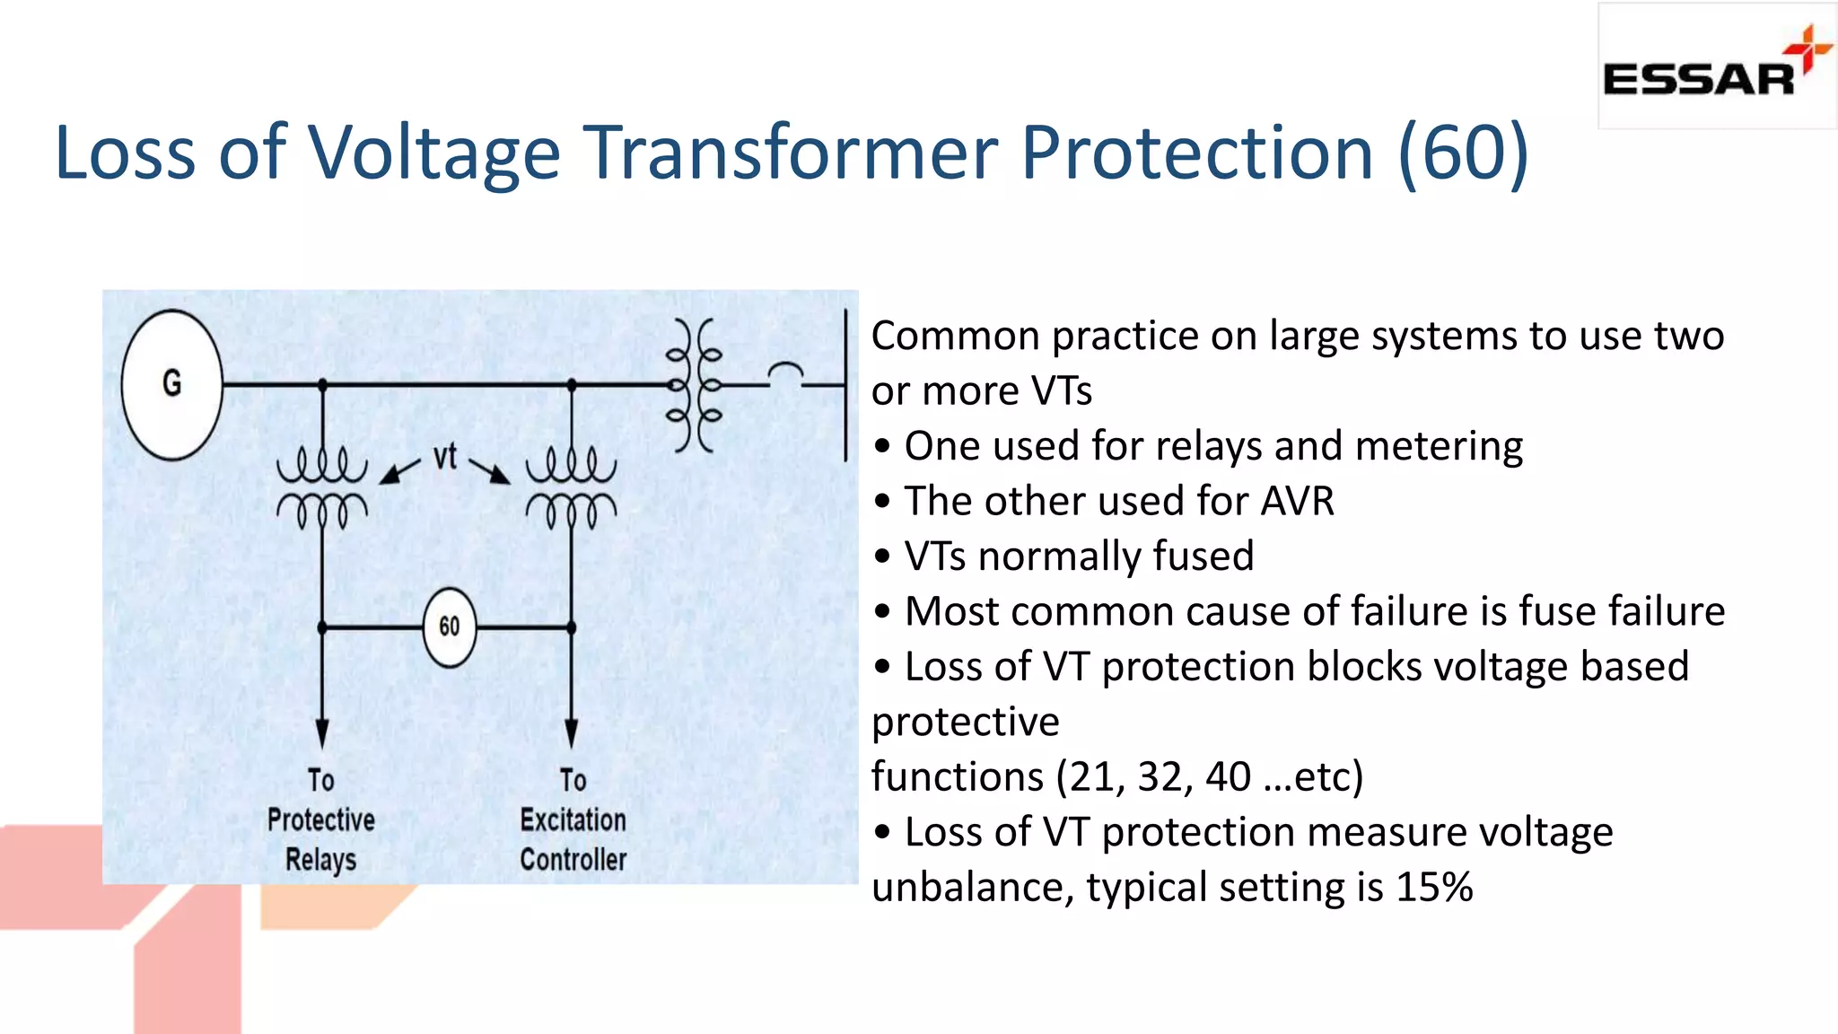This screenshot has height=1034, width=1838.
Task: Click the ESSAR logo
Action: point(1716,67)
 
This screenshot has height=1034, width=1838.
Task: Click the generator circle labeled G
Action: point(171,384)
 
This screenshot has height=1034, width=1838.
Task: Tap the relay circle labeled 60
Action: point(449,627)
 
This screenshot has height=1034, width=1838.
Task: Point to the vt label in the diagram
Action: point(445,457)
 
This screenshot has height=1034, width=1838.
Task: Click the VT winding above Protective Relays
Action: point(321,490)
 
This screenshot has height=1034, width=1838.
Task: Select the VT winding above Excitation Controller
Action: point(571,490)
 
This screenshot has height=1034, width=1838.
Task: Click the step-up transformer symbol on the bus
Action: point(694,386)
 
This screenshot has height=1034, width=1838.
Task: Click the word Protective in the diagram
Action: point(320,819)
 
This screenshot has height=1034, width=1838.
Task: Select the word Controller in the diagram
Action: point(573,859)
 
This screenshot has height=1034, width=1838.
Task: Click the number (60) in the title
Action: point(1463,153)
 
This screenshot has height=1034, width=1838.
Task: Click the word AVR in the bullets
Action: point(1297,501)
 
